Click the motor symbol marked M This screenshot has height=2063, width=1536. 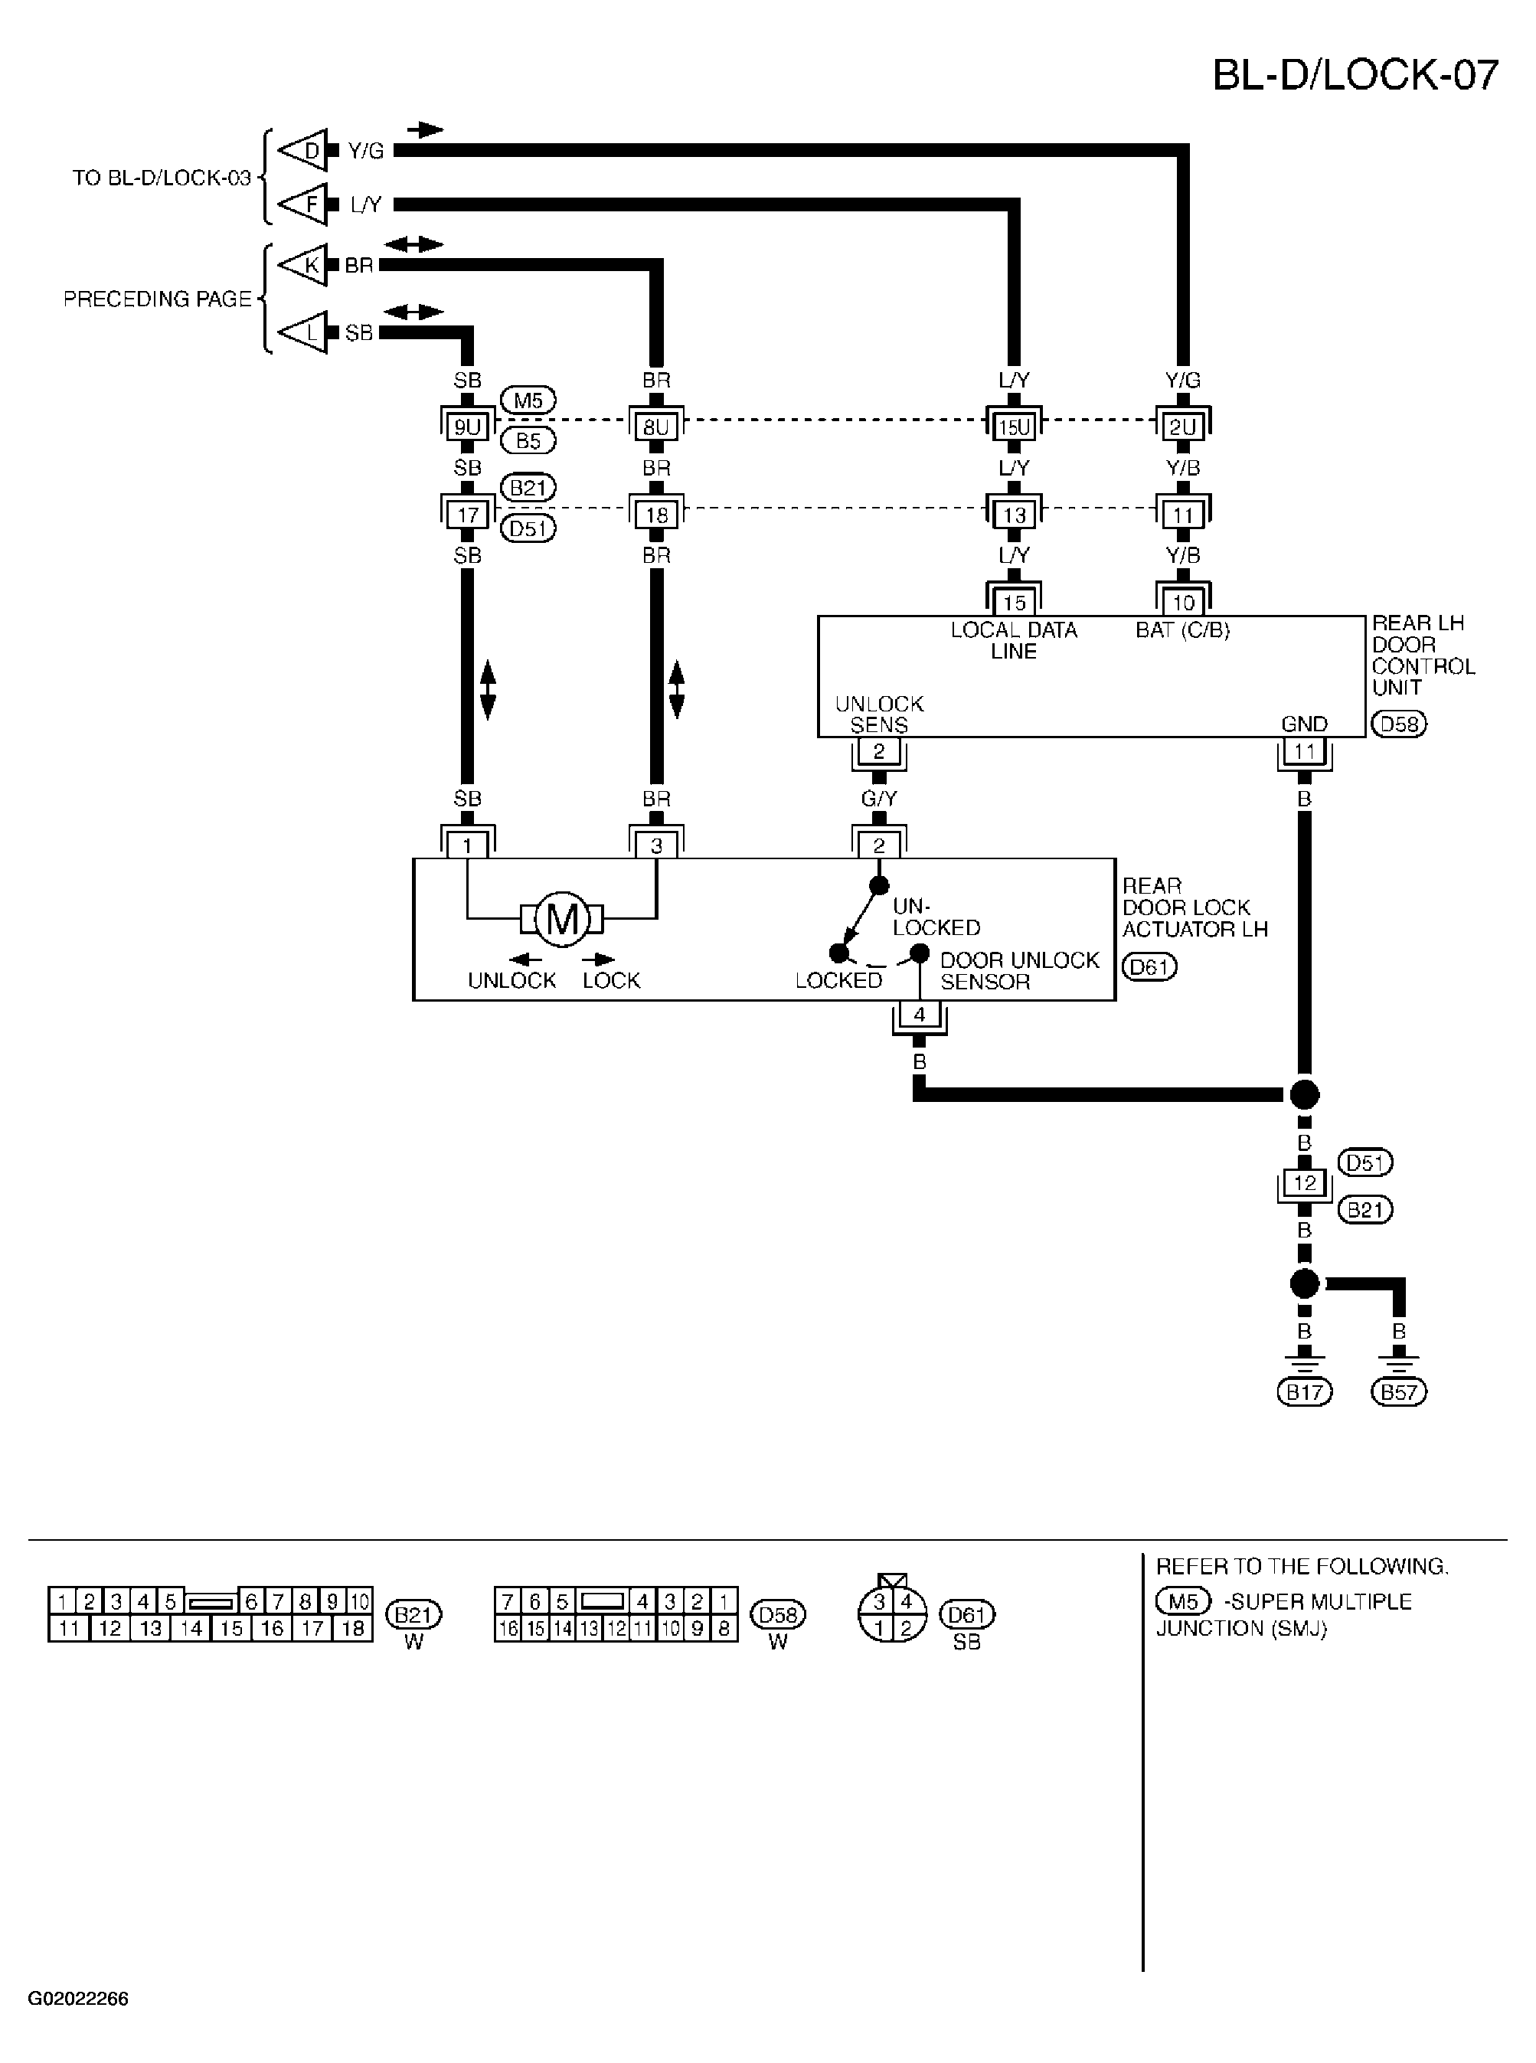pyautogui.click(x=561, y=920)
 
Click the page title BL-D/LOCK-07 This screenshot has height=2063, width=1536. pyautogui.click(x=1355, y=74)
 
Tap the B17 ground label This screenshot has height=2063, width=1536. pyautogui.click(x=1305, y=1391)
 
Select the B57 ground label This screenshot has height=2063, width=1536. pyautogui.click(x=1398, y=1391)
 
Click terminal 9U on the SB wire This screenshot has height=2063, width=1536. pyautogui.click(x=467, y=427)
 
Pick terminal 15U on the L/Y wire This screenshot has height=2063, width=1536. pyautogui.click(x=1014, y=427)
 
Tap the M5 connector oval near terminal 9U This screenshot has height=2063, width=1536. pyautogui.click(x=528, y=401)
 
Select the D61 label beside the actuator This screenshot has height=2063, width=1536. pyautogui.click(x=1149, y=967)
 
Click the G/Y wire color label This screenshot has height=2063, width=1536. pyautogui.click(x=879, y=799)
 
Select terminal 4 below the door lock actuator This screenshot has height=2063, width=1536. pyautogui.click(x=920, y=1015)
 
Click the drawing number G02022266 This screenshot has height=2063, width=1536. pyautogui.click(x=78, y=1997)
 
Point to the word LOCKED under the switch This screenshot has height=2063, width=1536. pyautogui.click(x=838, y=981)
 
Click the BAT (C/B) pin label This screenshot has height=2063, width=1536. pyautogui.click(x=1183, y=630)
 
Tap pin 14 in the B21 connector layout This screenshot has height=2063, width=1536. pyautogui.click(x=191, y=1628)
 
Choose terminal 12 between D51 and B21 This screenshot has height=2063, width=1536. pyautogui.click(x=1305, y=1182)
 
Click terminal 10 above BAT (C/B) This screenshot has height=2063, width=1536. pyautogui.click(x=1183, y=603)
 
